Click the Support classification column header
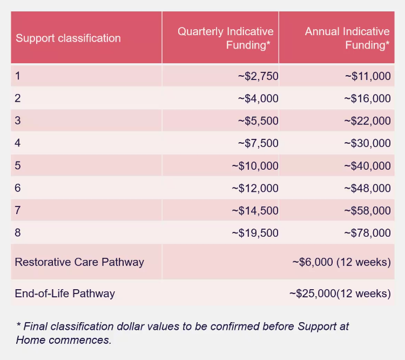(68, 38)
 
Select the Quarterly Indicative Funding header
(226, 38)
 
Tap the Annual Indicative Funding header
(347, 38)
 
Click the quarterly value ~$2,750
(258, 76)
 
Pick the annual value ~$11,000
(368, 76)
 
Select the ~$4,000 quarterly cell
(258, 98)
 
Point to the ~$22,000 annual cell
(368, 121)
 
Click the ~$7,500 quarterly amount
(258, 143)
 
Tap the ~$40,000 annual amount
(368, 165)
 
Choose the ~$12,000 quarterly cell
(255, 188)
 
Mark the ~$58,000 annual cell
(368, 210)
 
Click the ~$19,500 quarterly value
(255, 233)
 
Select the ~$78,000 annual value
(368, 233)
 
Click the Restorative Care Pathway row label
(79, 262)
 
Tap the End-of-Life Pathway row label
(65, 294)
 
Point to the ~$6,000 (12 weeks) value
(341, 262)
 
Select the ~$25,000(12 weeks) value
(340, 294)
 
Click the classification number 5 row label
(18, 165)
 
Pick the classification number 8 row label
(18, 233)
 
